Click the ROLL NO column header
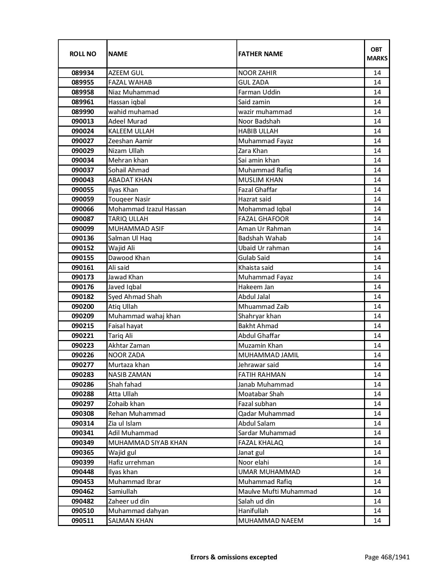pyautogui.click(x=83, y=54)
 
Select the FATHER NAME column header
pyautogui.click(x=260, y=54)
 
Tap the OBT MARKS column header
pyautogui.click(x=377, y=54)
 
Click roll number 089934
pyautogui.click(x=83, y=73)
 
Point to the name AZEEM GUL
pyautogui.click(x=126, y=73)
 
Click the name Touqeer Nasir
pyautogui.click(x=129, y=199)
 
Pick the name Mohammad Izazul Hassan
pyautogui.click(x=147, y=209)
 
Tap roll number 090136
pyautogui.click(x=83, y=238)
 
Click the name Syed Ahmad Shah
pyautogui.click(x=135, y=297)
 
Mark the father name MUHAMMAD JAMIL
pyautogui.click(x=268, y=355)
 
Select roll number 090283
pyautogui.click(x=83, y=375)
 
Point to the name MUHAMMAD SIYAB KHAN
pyautogui.click(x=148, y=443)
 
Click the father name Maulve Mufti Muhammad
pyautogui.click(x=278, y=492)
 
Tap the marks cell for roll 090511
pyautogui.click(x=377, y=521)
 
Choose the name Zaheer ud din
pyautogui.click(x=129, y=501)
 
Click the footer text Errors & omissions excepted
pyautogui.click(x=234, y=557)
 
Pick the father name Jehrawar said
pyautogui.click(x=258, y=365)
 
